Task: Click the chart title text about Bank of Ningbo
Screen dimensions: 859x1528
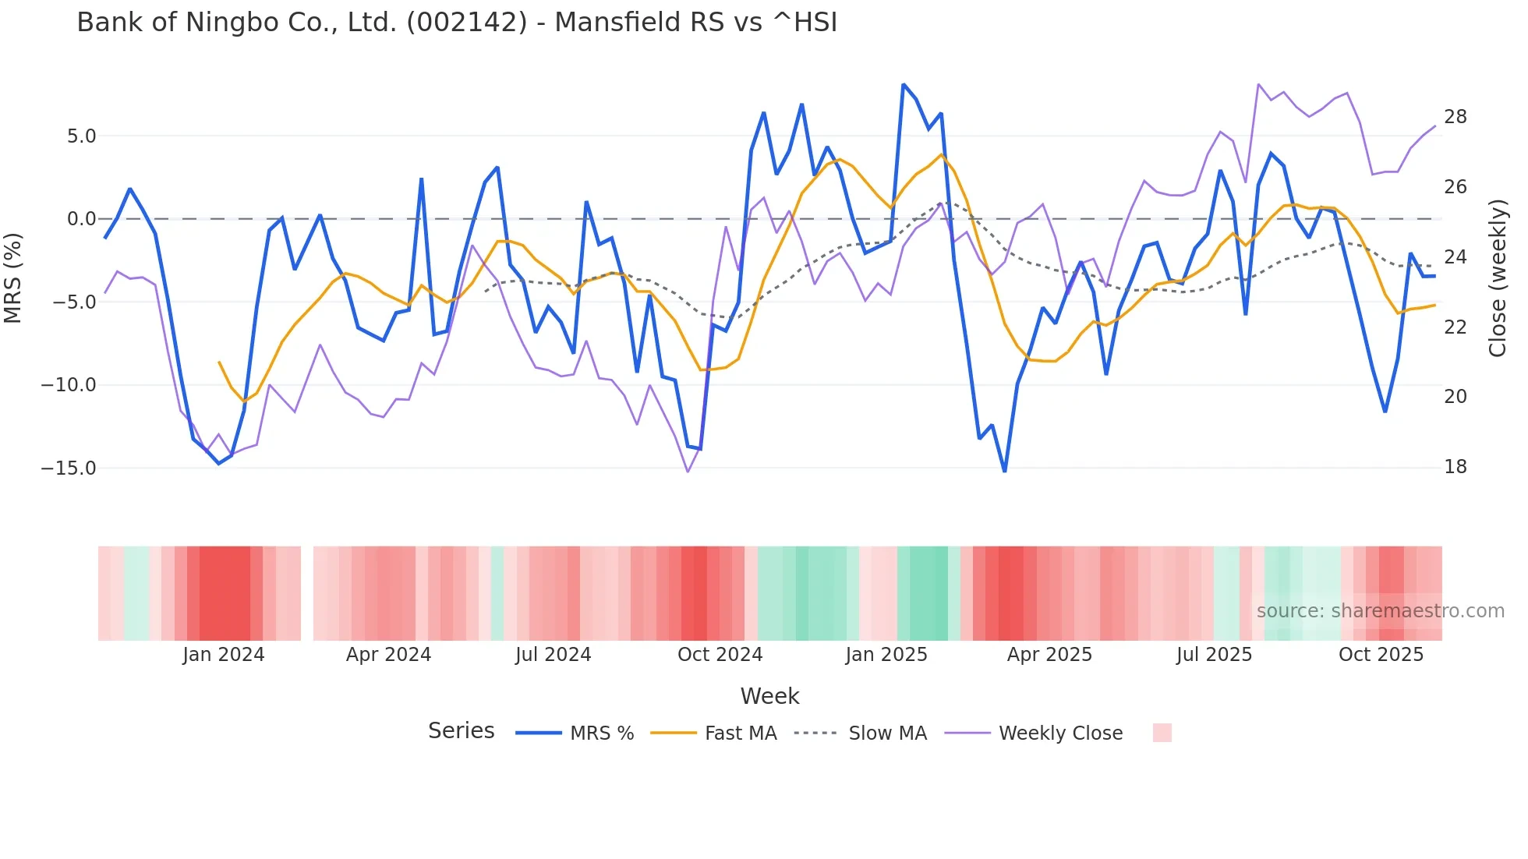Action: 457,22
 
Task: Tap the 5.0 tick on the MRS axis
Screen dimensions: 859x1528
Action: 81,136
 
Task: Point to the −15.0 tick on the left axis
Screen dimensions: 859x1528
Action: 69,468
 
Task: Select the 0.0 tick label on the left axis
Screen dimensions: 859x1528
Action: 81,219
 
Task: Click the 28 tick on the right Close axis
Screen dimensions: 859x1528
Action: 1455,117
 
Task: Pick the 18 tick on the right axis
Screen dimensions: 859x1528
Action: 1455,467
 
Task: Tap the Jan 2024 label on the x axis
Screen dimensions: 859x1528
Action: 224,655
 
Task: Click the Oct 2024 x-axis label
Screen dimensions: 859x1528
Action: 720,655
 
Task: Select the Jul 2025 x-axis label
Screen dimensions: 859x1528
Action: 1214,655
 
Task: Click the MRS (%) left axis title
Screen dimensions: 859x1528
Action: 13,278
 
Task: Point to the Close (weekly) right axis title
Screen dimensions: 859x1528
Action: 1498,278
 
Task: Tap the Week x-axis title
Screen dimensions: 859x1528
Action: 769,696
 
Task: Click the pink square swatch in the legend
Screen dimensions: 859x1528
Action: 1162,733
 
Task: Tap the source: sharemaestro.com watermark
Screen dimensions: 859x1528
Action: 1380,611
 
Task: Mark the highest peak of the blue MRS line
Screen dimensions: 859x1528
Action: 903,85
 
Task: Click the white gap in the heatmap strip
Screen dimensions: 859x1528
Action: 307,593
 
